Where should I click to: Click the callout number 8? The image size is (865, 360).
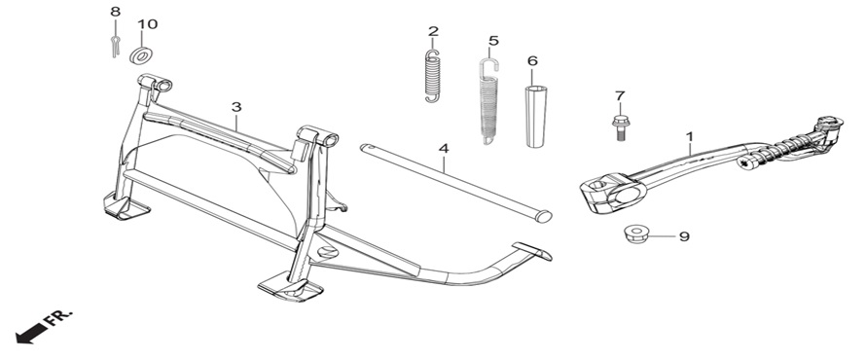click(115, 12)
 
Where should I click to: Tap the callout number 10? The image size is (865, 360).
click(147, 24)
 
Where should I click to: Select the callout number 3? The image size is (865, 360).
click(236, 106)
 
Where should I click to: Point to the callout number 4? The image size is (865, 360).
click(444, 148)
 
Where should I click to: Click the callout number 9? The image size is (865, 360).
click(684, 236)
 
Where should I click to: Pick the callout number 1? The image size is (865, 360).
click(689, 135)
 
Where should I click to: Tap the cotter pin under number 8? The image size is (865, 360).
click(115, 46)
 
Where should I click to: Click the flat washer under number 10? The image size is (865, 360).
click(142, 55)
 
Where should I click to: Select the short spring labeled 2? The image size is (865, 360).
click(432, 76)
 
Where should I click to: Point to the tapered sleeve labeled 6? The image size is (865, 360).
click(534, 116)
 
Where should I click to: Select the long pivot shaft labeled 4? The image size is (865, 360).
click(456, 183)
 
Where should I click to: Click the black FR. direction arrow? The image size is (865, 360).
click(31, 334)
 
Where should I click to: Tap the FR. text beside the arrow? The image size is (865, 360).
click(58, 318)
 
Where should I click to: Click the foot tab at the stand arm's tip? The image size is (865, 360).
click(532, 250)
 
